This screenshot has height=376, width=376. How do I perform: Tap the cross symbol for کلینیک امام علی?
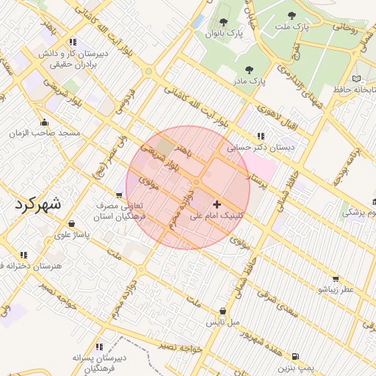click(x=216, y=203)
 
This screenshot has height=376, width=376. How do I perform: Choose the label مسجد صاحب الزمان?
click(x=44, y=134)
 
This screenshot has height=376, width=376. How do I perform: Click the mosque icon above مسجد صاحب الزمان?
click(x=45, y=122)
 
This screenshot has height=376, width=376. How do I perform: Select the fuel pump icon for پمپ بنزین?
click(x=295, y=355)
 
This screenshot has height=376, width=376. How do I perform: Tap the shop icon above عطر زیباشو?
click(x=336, y=278)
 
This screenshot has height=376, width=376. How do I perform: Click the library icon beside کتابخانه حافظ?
click(x=356, y=79)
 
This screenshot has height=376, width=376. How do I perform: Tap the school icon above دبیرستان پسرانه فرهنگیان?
click(x=99, y=347)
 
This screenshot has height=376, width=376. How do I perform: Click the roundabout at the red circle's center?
click(x=196, y=182)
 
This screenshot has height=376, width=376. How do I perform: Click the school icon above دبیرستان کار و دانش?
click(x=73, y=43)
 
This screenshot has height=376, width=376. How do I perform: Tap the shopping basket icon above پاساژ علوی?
click(x=71, y=224)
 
